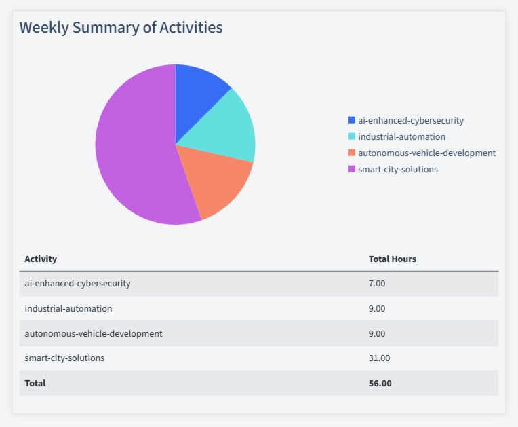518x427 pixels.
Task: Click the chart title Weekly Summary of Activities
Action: pos(121,28)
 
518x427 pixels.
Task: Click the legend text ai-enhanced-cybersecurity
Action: pos(410,120)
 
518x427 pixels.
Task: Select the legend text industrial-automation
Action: pos(401,136)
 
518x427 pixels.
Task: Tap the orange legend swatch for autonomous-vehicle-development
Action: pos(351,153)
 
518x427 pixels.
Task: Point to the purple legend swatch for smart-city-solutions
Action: pos(351,169)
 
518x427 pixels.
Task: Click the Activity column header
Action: pos(41,259)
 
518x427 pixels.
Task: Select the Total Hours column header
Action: pos(392,259)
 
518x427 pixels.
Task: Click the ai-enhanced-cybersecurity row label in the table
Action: pos(77,283)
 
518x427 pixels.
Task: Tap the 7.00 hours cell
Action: pos(377,283)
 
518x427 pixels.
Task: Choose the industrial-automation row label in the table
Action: pos(68,308)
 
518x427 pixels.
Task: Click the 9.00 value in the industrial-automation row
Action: pos(377,308)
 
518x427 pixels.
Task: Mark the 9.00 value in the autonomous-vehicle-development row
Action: pos(377,333)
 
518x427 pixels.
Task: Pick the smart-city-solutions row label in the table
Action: pos(64,358)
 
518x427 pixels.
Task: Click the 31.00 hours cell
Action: pos(379,358)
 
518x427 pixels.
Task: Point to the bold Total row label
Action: pos(35,383)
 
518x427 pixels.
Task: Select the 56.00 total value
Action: pos(380,383)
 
